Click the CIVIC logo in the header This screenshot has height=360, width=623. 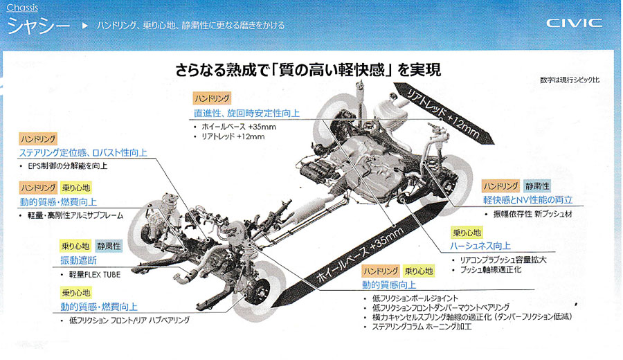574,23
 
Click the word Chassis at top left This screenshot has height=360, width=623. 22,8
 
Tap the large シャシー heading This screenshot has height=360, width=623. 39,26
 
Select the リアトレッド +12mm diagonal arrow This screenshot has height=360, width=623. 444,114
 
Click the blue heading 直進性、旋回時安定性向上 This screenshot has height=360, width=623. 246,114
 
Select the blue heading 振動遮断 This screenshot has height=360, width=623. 79,261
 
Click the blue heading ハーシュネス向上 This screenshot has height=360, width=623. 480,246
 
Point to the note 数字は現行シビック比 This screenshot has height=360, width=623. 570,80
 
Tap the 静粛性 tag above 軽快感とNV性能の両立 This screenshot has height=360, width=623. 537,186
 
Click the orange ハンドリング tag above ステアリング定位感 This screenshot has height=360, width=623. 38,138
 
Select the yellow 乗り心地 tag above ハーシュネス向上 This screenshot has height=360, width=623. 467,233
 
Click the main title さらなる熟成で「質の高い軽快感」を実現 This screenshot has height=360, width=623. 308,70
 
